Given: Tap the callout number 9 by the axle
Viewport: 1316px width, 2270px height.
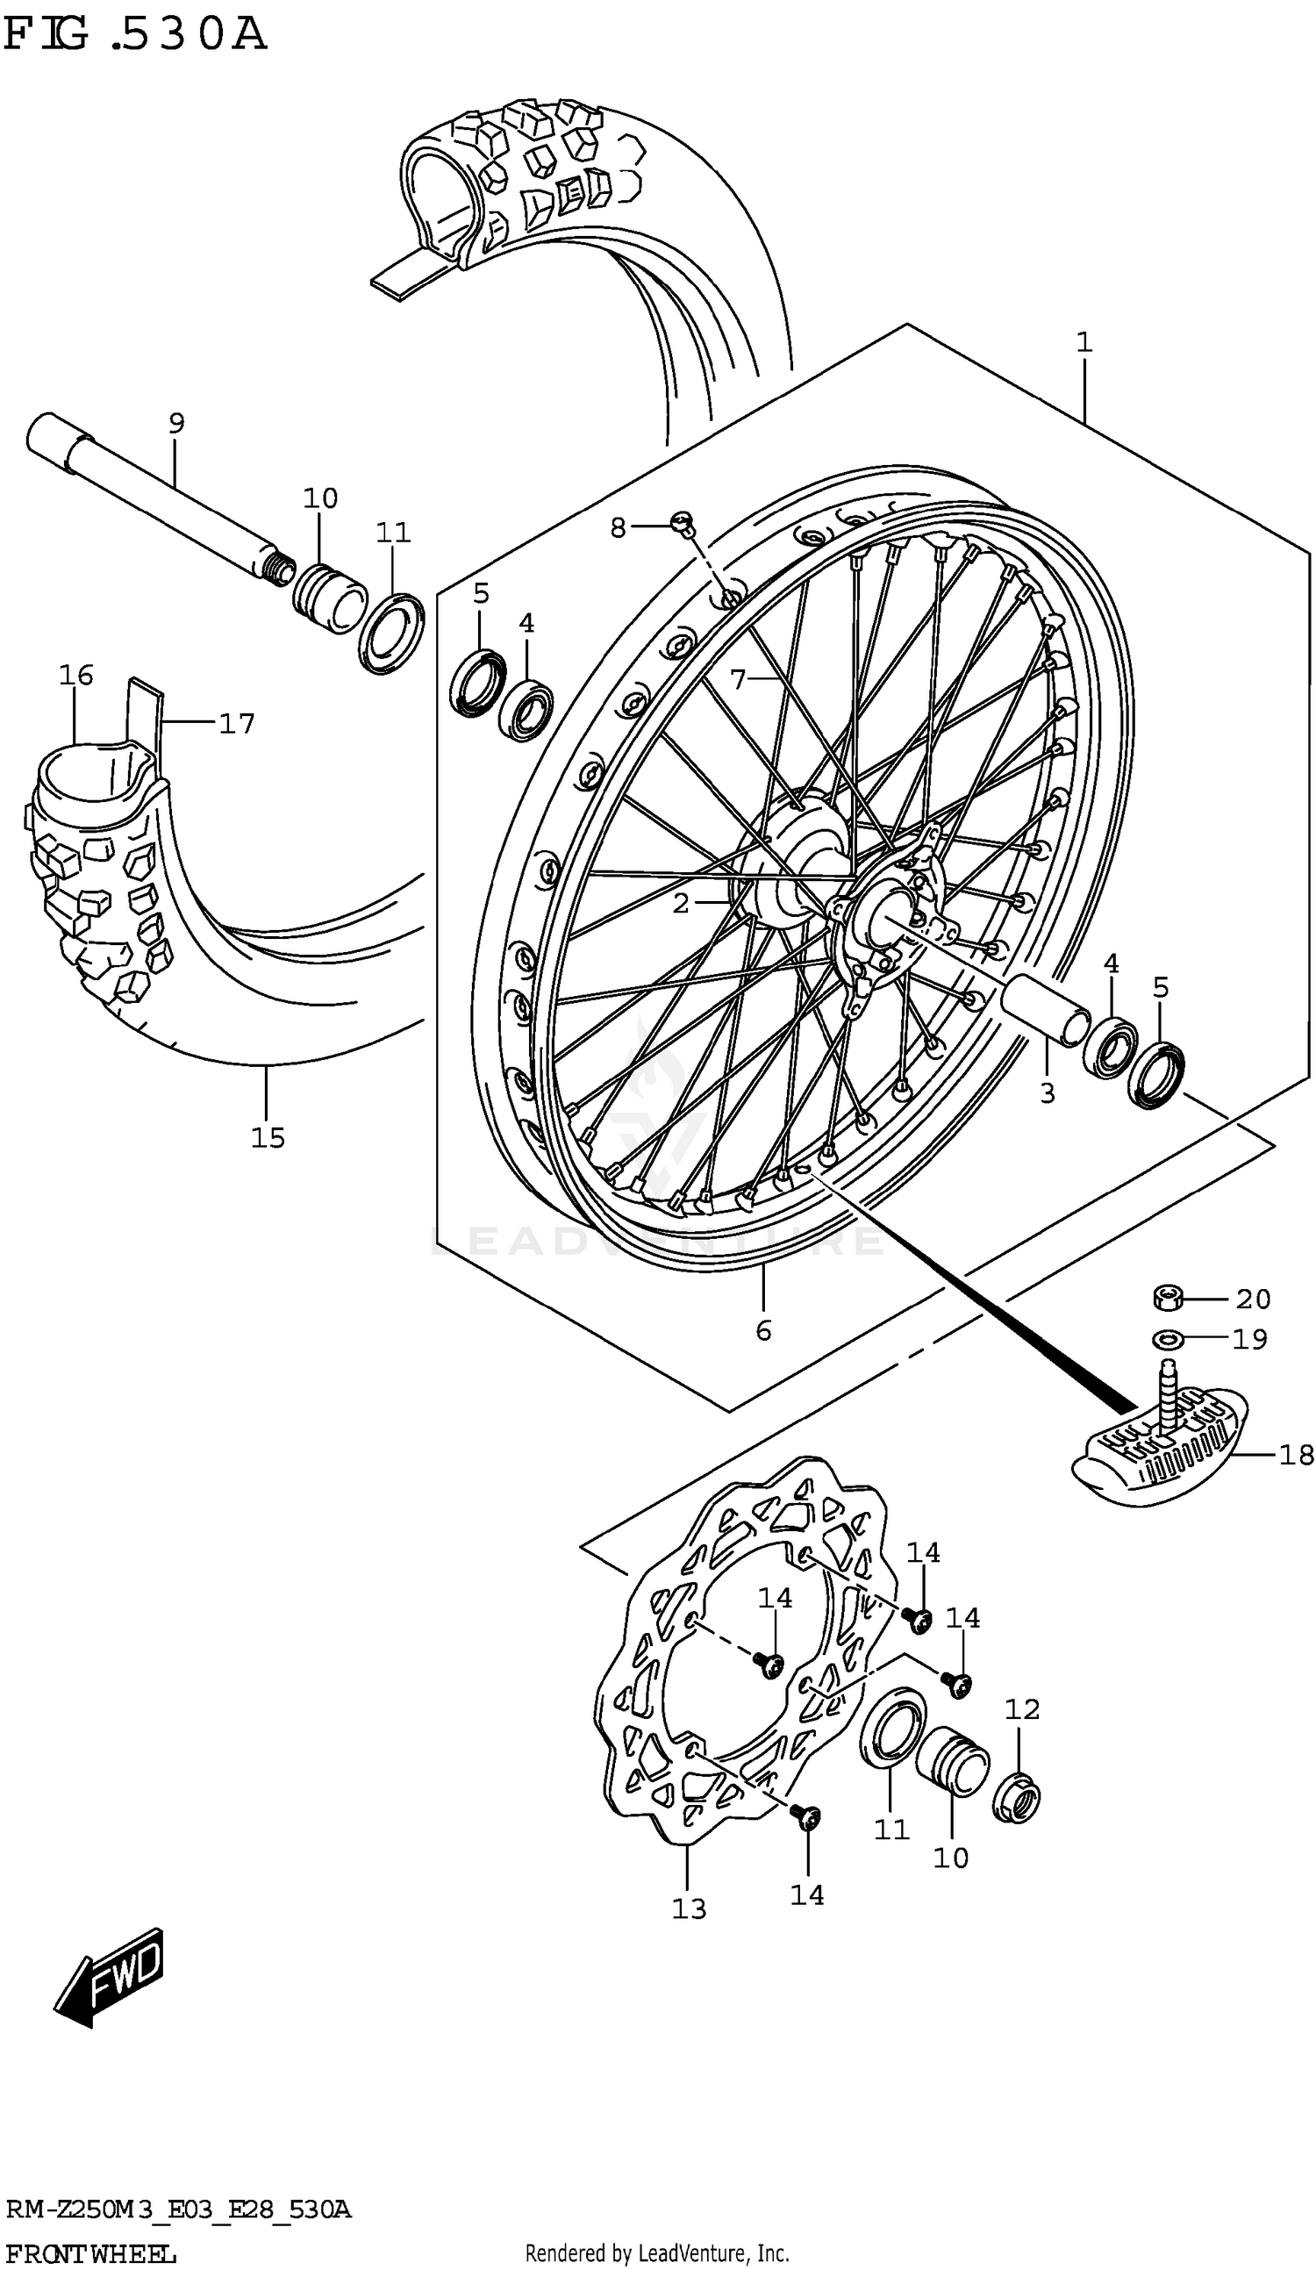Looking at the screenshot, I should tap(176, 421).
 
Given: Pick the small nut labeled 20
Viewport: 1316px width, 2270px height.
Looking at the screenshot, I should tap(1168, 1298).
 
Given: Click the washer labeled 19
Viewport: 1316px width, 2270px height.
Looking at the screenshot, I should tap(1168, 1340).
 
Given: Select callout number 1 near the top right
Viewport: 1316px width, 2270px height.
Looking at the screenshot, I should tap(1084, 342).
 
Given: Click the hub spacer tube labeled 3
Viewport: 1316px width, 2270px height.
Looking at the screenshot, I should tap(1045, 1009).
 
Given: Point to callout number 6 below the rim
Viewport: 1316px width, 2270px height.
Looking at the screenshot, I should tap(763, 1329).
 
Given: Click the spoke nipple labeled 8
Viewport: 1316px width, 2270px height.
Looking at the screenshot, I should tap(682, 520).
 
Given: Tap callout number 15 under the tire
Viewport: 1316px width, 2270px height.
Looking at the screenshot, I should tap(268, 1138).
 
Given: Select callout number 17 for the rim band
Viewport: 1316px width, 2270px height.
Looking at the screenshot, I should tap(237, 723).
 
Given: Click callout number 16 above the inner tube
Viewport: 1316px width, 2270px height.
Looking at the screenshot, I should tap(76, 675).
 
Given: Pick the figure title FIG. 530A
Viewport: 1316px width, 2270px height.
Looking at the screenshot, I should tap(135, 34).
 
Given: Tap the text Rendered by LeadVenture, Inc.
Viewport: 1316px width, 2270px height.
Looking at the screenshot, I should tap(656, 2252).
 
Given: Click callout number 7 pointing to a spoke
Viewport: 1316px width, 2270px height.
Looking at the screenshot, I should tap(738, 679).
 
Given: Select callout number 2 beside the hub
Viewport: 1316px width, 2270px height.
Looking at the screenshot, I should tap(680, 903).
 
